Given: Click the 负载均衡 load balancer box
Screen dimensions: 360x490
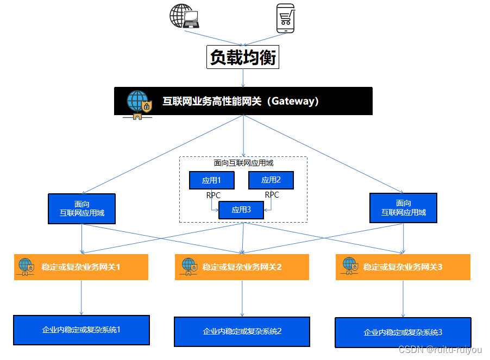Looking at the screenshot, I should click(x=243, y=57).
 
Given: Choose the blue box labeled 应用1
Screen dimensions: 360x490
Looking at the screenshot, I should click(x=211, y=180).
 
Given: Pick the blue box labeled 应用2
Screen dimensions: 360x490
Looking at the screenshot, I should click(x=271, y=180).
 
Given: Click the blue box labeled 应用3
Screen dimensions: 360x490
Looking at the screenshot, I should click(x=241, y=210).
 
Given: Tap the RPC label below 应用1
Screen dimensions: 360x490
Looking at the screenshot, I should click(x=213, y=195).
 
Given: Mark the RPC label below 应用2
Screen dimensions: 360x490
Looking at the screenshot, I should click(x=272, y=195).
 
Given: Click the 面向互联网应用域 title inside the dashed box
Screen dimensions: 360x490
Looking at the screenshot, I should click(x=243, y=163).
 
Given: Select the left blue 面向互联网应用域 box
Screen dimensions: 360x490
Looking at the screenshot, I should click(x=82, y=209).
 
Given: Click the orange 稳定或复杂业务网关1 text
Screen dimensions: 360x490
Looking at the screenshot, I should click(x=80, y=267).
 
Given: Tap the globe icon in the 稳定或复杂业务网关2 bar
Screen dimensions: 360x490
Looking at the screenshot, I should click(x=189, y=266).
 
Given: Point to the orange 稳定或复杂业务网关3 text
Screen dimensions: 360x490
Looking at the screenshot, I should click(x=403, y=267).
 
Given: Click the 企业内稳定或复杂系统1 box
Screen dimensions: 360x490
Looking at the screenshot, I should click(x=81, y=330).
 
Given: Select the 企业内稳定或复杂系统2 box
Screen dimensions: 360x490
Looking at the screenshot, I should click(x=242, y=331).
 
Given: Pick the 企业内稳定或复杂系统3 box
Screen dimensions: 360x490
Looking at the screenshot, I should click(x=403, y=332).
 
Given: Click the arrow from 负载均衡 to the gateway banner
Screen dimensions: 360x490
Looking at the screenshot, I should click(x=243, y=78).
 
